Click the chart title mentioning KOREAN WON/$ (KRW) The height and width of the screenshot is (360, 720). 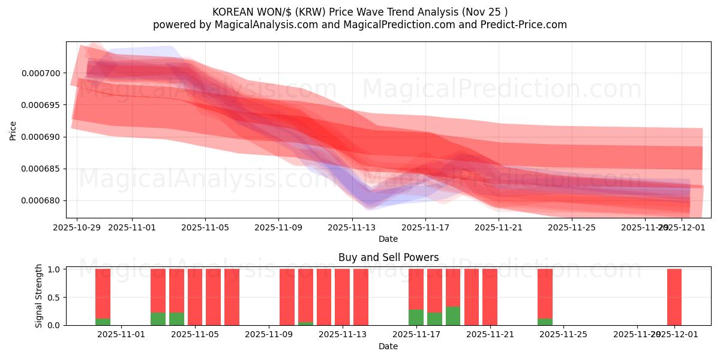click(360, 12)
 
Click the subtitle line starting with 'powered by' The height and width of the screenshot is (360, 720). click(360, 25)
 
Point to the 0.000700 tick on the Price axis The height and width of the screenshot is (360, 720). click(41, 73)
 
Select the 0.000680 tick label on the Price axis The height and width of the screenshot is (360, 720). click(41, 200)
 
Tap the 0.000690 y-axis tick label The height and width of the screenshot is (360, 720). click(41, 137)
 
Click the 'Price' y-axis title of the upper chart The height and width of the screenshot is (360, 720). click(13, 130)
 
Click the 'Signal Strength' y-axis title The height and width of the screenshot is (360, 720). click(39, 296)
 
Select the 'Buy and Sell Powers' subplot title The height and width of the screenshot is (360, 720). click(388, 257)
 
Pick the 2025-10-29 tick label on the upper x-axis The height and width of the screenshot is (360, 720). click(76, 228)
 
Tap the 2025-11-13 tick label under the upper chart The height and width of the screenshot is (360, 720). click(352, 228)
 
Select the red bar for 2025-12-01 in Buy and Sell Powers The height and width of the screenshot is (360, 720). click(674, 297)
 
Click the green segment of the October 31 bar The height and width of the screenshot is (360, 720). click(103, 322)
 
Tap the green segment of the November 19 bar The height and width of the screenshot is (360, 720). click(453, 316)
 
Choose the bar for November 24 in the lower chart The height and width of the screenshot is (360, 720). click(545, 294)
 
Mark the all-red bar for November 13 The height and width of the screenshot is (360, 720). click(361, 297)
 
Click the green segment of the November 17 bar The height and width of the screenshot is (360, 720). click(416, 317)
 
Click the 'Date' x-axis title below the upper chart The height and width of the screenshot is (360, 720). click(388, 239)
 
